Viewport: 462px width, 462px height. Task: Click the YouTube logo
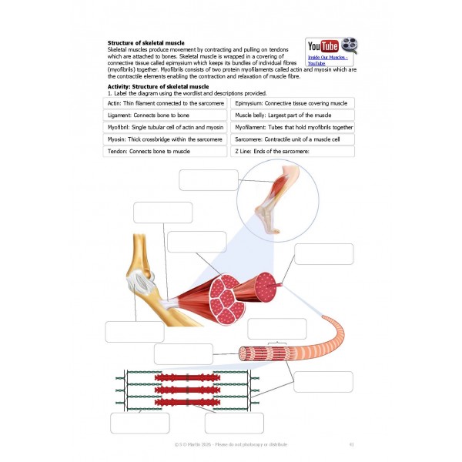(323, 46)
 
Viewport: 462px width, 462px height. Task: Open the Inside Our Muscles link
(328, 59)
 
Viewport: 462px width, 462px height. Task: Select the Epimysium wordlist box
(293, 102)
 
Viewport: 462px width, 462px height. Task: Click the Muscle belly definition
(293, 115)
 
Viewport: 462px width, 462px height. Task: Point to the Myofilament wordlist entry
(293, 127)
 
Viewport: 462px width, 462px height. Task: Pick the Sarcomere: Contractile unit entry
(293, 139)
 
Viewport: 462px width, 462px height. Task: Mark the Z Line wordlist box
(293, 152)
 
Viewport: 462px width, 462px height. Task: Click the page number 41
(351, 444)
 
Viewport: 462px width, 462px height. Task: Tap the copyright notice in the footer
(231, 444)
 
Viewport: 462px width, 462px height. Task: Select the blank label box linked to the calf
(209, 179)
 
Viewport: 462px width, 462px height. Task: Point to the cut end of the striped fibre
(243, 355)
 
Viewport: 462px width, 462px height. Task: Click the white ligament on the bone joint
(142, 283)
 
